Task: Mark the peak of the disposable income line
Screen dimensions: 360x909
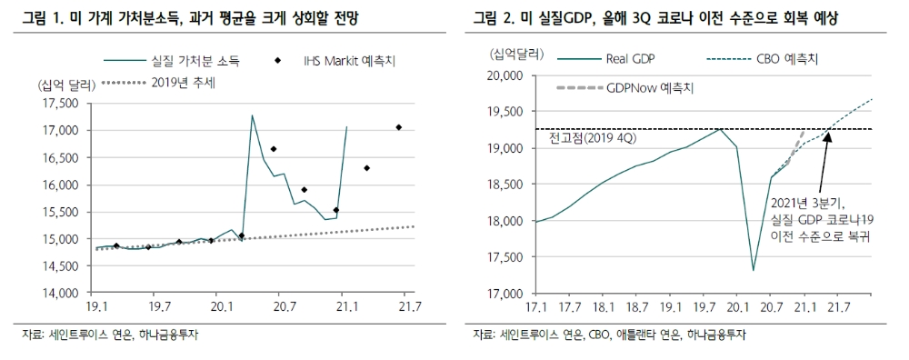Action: (251, 115)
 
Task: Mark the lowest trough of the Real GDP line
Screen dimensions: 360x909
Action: (754, 270)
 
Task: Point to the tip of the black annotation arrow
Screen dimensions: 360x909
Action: (829, 134)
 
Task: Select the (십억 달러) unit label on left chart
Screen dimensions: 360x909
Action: (63, 85)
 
